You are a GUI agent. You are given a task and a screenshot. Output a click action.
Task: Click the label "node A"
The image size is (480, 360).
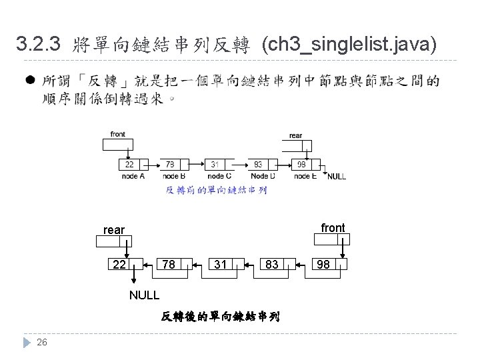click(133, 176)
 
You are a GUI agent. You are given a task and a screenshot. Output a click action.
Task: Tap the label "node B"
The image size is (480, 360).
click(174, 176)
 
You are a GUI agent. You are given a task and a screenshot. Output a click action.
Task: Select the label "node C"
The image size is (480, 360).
click(219, 176)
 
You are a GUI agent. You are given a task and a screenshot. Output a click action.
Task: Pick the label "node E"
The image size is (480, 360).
click(305, 176)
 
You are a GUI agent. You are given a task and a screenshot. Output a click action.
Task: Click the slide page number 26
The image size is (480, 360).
click(42, 343)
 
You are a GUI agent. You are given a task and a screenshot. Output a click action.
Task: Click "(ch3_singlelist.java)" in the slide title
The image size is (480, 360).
click(349, 45)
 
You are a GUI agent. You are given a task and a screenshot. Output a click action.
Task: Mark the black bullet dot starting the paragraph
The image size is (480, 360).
click(30, 81)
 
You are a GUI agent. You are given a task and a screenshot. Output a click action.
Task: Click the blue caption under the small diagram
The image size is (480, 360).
click(216, 191)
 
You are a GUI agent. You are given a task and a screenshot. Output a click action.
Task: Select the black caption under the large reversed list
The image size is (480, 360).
click(221, 316)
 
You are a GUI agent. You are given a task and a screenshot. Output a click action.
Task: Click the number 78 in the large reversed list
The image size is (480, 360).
click(169, 265)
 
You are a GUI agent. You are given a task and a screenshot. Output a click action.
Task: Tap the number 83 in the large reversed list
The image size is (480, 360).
click(271, 265)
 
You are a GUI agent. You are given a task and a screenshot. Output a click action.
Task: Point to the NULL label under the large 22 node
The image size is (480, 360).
click(144, 295)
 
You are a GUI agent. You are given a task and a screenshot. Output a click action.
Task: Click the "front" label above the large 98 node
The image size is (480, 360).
click(333, 228)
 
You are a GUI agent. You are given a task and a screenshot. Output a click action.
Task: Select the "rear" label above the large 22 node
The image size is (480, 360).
click(114, 230)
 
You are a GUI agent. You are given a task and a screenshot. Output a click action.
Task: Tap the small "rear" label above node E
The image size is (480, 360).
click(295, 136)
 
